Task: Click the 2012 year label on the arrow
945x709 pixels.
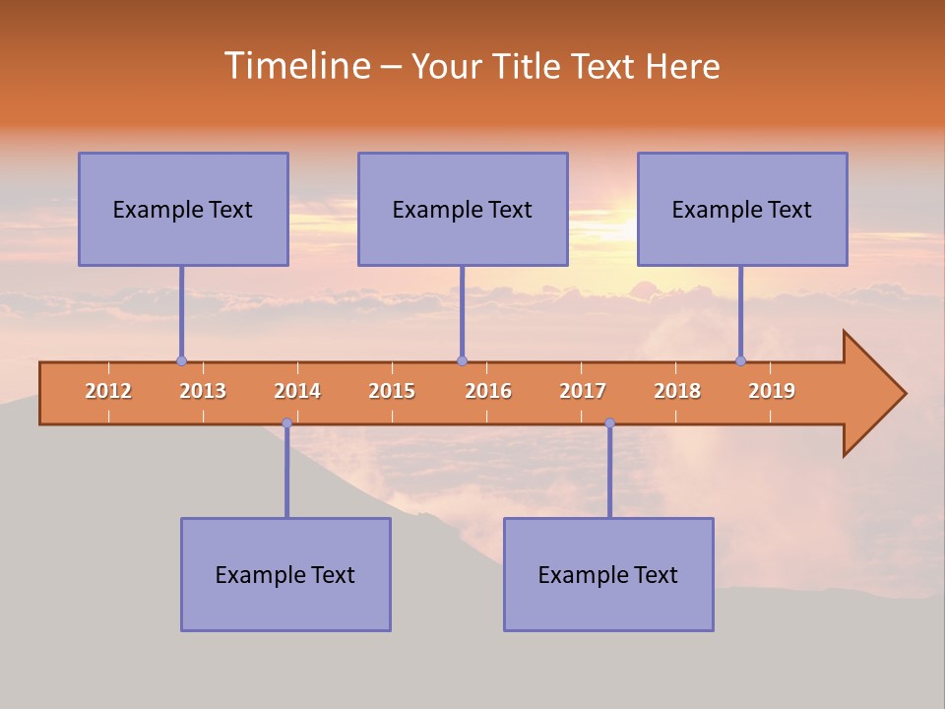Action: (x=108, y=391)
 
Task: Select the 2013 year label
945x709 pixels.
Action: (x=203, y=391)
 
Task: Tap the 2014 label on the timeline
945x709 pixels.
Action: (x=297, y=391)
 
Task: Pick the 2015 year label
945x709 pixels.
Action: (x=392, y=391)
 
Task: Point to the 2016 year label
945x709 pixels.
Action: (x=488, y=391)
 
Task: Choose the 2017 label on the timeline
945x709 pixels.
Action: (x=583, y=391)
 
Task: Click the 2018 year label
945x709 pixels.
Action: (x=677, y=391)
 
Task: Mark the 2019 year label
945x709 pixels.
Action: (x=772, y=391)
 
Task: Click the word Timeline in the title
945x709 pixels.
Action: (x=295, y=66)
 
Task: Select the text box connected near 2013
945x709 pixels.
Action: (x=183, y=209)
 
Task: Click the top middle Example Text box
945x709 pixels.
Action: (x=463, y=209)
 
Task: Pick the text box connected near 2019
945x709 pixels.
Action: (x=742, y=209)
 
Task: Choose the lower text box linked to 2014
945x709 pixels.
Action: (x=285, y=574)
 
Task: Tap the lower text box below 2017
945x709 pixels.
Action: (x=608, y=574)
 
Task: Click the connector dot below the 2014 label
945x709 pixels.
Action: (x=286, y=422)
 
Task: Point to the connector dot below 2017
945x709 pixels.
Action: (x=609, y=422)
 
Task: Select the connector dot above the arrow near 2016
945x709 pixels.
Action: (x=462, y=360)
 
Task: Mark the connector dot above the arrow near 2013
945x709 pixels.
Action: (x=181, y=360)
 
